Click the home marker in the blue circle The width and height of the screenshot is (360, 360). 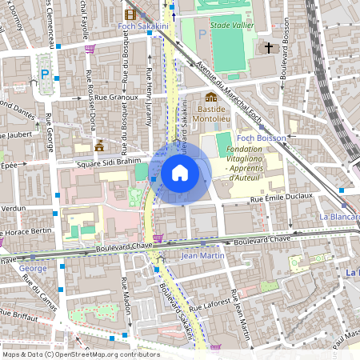pos(180,173)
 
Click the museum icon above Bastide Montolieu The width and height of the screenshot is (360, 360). pos(211,97)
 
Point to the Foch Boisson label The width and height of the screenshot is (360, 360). pos(261,138)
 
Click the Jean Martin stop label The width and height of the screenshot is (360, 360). pos(200,256)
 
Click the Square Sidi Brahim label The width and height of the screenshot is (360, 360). pos(104,162)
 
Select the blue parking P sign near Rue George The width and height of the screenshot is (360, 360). pos(45,75)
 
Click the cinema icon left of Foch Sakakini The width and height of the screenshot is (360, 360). pos(130,14)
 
